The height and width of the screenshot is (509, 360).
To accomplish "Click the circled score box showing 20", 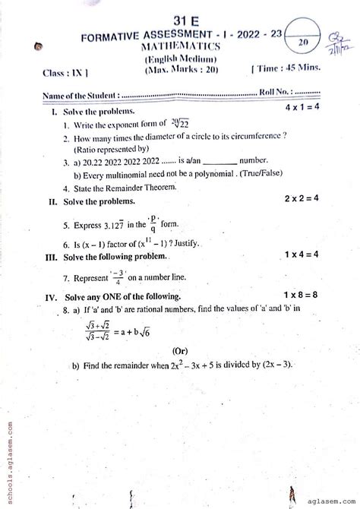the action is [302, 44].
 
